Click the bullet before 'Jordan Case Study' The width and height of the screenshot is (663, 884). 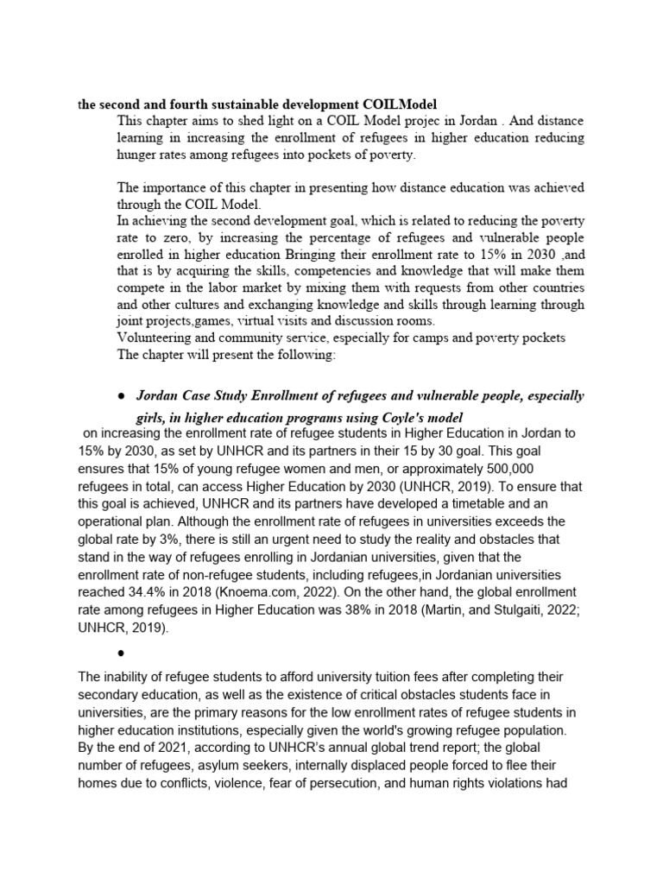click(x=121, y=395)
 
